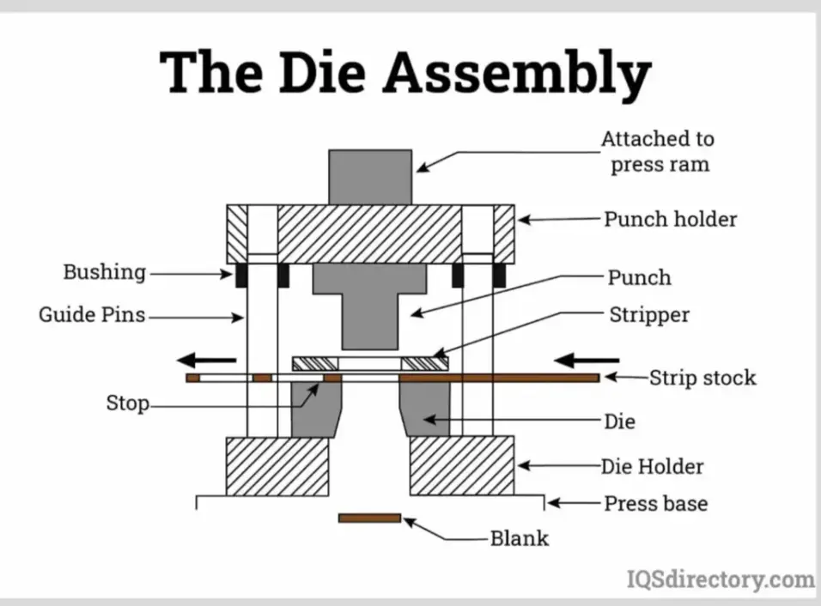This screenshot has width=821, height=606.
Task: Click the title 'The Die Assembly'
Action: [x=404, y=72]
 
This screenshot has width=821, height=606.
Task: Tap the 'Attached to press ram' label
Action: [x=658, y=151]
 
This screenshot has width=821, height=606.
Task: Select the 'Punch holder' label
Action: [x=670, y=219]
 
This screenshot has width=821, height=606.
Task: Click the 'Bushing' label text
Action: [x=104, y=273]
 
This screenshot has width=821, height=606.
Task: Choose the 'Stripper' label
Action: [x=648, y=315]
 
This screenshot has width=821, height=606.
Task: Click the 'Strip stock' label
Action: [x=702, y=378]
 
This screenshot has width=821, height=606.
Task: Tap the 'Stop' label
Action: [x=127, y=403]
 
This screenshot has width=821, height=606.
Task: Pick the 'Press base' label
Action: [x=655, y=503]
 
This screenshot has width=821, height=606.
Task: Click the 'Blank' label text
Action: [x=519, y=539]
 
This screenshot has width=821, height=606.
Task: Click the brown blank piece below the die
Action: [x=369, y=518]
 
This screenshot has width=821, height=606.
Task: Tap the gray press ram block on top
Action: [x=370, y=176]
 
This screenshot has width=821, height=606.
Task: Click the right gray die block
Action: [x=427, y=408]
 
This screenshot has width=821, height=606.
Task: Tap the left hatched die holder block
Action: [x=277, y=465]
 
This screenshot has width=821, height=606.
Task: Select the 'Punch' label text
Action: [x=639, y=277]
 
